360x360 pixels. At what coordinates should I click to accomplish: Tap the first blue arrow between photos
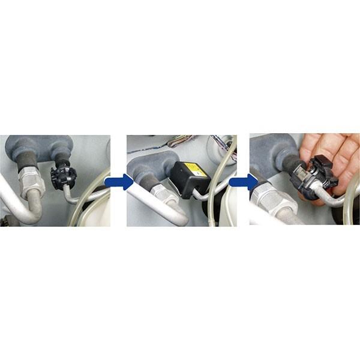coord(118,181)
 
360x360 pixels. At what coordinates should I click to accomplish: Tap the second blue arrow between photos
coord(242,181)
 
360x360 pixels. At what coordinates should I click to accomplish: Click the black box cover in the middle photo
coord(187,179)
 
